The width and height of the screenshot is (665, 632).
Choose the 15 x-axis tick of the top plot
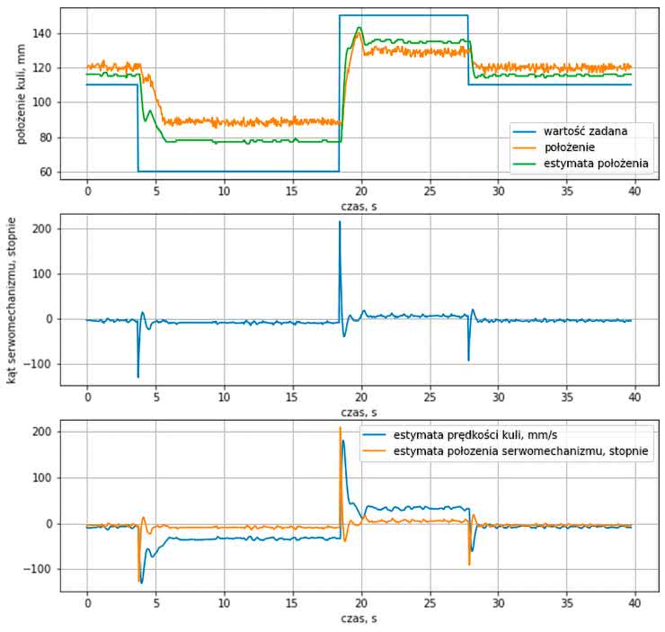point(292,191)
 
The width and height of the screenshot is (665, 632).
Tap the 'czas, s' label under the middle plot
point(360,412)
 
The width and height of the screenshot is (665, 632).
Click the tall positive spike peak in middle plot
point(340,222)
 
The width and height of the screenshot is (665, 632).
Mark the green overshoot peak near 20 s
point(359,28)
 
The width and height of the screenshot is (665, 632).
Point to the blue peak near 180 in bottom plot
point(343,441)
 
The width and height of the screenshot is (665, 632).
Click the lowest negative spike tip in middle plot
point(137,377)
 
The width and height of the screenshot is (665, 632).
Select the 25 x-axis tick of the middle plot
point(430,396)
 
